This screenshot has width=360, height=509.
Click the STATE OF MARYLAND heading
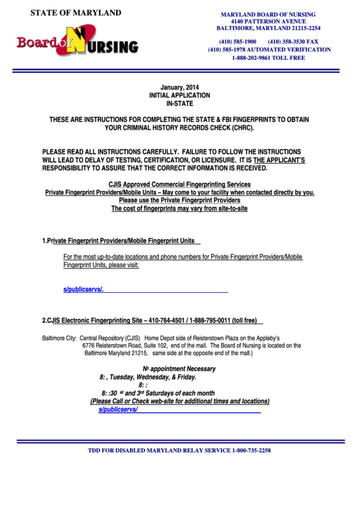(x=66, y=13)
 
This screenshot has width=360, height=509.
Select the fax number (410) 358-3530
(x=293, y=41)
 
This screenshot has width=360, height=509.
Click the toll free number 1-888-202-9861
(x=268, y=58)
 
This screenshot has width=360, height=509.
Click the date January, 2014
(x=180, y=88)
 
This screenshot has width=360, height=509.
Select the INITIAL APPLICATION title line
(x=180, y=96)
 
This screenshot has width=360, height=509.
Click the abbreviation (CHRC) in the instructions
(x=240, y=127)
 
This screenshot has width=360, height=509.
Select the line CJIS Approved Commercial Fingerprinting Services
(x=179, y=184)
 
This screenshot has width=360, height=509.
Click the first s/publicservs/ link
(x=83, y=289)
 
